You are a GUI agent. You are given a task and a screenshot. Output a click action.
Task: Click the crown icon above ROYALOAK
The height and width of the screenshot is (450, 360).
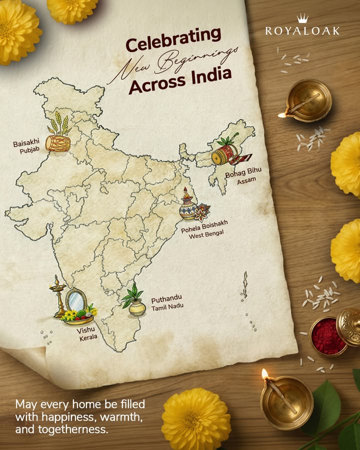pos(302,19)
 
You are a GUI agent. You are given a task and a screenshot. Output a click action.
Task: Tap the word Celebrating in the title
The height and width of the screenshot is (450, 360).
pos(173,40)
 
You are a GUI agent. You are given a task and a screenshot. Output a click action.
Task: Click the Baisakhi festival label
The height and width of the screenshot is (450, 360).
pos(26,143)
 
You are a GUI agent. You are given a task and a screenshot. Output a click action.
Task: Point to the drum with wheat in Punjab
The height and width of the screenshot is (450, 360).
pos(56,140)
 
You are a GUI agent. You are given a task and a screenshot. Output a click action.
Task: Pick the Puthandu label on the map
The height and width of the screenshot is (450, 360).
pos(166,301)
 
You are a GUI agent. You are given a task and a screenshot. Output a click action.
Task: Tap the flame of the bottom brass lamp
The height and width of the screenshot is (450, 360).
pos(265,374)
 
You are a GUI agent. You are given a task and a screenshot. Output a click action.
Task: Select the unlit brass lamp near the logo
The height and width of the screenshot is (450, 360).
pos(308,100)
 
